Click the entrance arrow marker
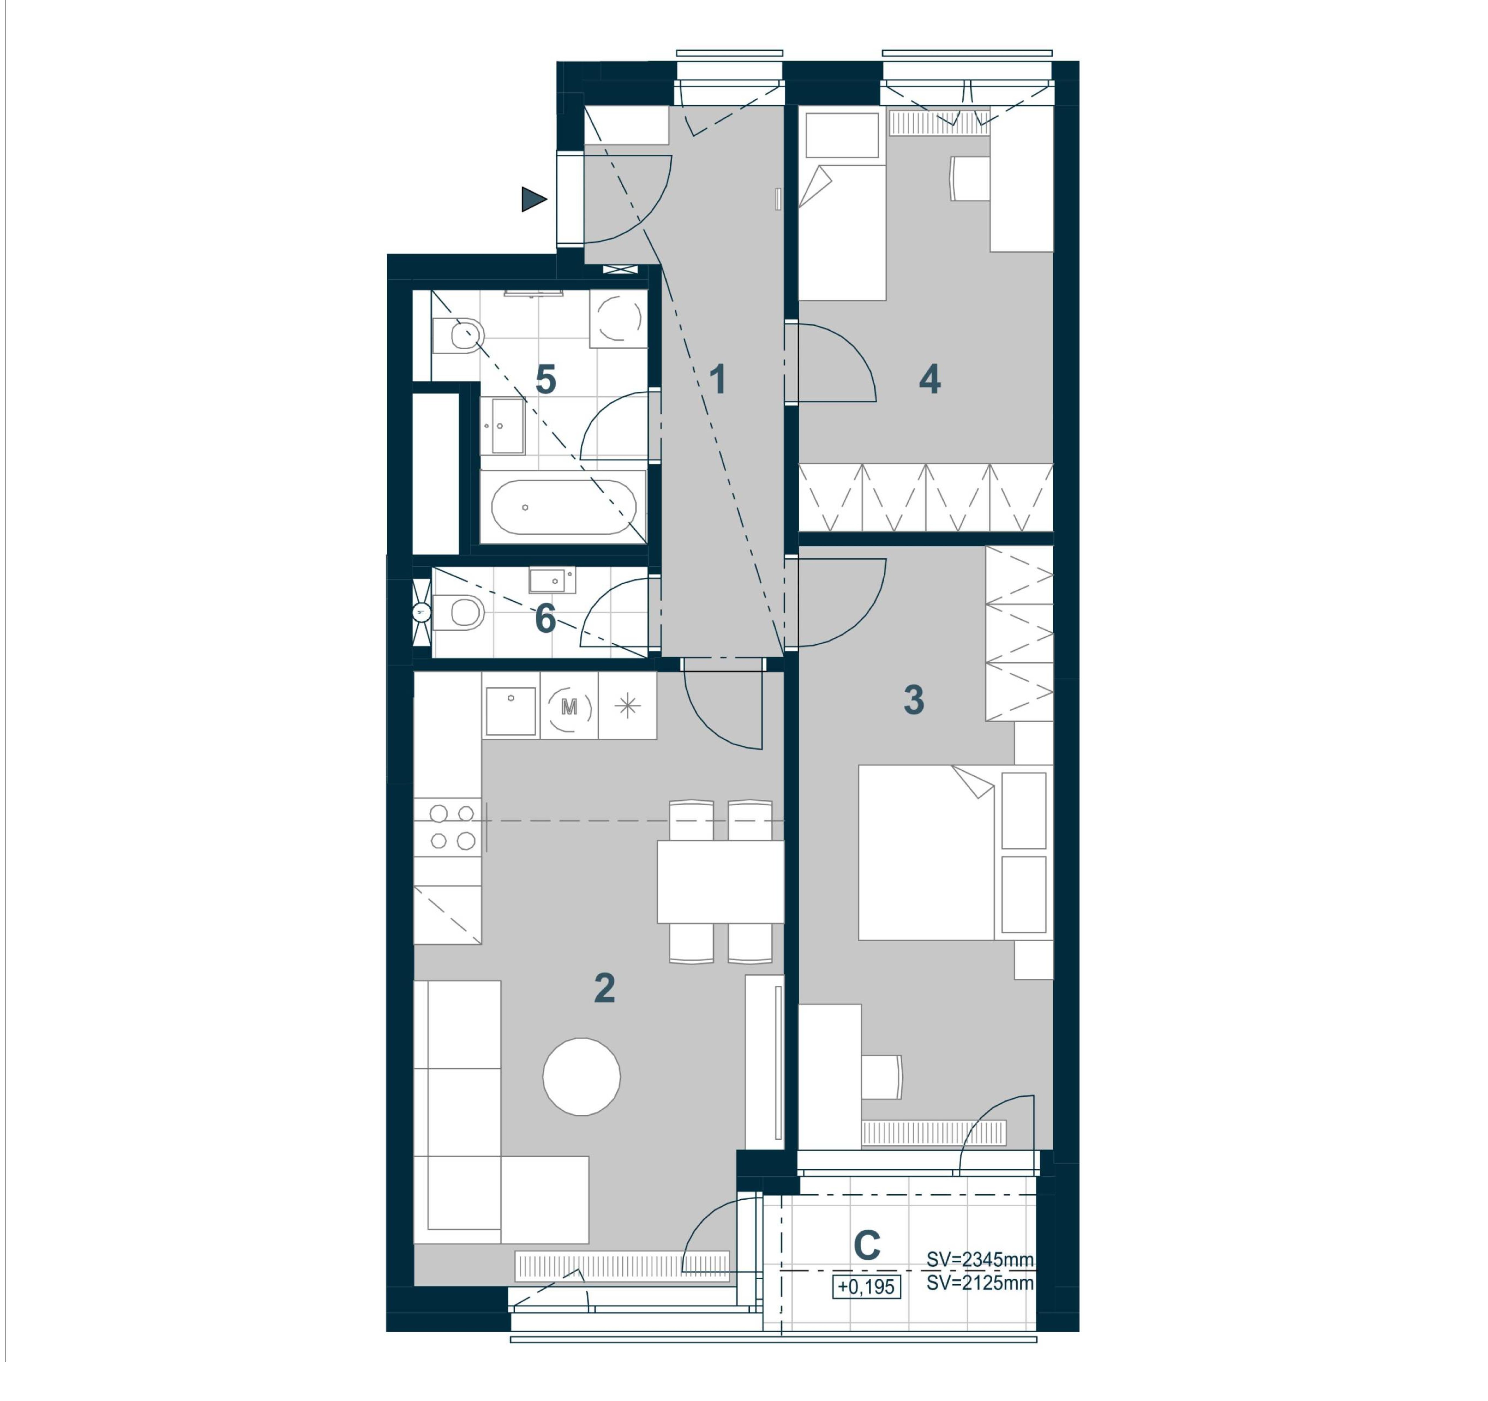pos(533,199)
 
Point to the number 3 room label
pos(914,700)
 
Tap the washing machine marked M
pos(569,706)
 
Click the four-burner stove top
pos(448,827)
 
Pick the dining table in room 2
pos(720,881)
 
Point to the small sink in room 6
pos(552,580)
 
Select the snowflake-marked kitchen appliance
pos(627,706)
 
